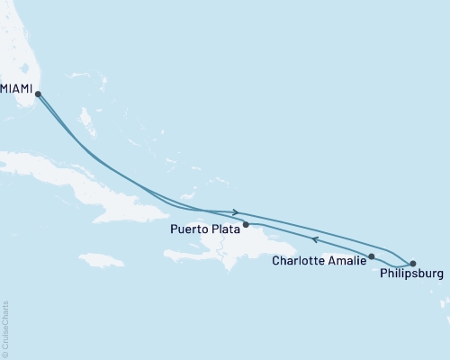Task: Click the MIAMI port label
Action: (x=17, y=87)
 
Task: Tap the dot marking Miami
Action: (x=38, y=93)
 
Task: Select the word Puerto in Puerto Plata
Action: (x=186, y=229)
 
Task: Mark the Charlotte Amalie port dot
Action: (x=372, y=256)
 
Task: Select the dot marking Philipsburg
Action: (x=412, y=263)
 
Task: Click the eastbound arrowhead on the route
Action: (x=236, y=212)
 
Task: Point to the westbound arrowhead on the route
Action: (x=314, y=239)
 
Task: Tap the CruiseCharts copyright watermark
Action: (x=5, y=329)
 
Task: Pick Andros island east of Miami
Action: (x=87, y=119)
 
